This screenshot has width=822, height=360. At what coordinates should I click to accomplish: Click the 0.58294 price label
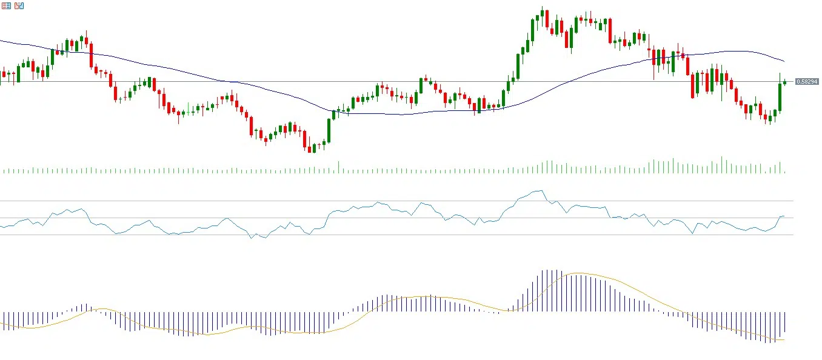[807, 82]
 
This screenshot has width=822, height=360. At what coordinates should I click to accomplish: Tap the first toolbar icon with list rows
[6, 5]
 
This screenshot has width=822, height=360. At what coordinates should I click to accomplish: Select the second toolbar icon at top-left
[19, 5]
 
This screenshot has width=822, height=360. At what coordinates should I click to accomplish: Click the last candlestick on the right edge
[784, 82]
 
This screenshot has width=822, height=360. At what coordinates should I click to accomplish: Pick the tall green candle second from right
[780, 97]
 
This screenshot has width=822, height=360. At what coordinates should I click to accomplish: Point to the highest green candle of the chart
[542, 18]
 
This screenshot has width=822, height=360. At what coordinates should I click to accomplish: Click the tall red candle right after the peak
[547, 20]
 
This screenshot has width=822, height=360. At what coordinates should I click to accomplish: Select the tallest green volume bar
[721, 165]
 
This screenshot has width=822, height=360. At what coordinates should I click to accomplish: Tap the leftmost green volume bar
[4, 172]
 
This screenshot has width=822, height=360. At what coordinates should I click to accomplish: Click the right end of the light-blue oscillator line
[784, 216]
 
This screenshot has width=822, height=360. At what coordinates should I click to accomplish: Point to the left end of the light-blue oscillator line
[1, 227]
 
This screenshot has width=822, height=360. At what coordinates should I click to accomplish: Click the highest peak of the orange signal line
[577, 273]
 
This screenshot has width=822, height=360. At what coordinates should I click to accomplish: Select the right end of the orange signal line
[784, 339]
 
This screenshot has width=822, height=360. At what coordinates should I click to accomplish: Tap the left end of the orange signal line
[1, 323]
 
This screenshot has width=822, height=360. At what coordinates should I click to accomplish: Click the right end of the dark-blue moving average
[784, 61]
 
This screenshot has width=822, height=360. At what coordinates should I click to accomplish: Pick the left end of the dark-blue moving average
[1, 41]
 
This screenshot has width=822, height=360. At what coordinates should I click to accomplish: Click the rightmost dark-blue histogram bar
[784, 325]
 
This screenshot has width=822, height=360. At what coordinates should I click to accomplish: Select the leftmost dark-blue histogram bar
[4, 318]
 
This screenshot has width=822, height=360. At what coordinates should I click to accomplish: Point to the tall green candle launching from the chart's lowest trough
[329, 130]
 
